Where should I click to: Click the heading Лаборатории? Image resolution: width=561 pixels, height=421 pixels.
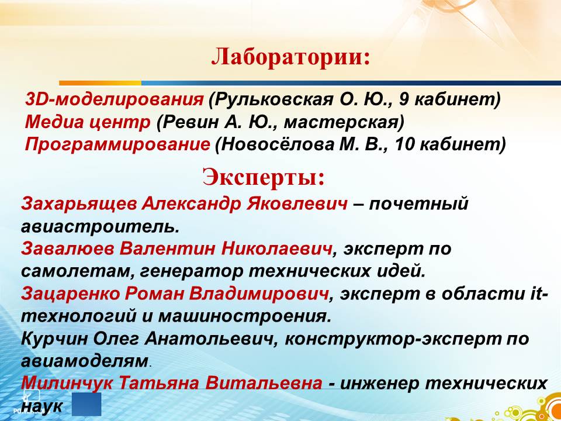pos(290,57)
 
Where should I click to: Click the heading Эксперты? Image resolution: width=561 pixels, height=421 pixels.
pos(264,177)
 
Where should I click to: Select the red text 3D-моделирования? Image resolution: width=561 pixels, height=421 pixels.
pos(114,99)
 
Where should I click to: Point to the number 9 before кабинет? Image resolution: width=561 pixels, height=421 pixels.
pos(404,99)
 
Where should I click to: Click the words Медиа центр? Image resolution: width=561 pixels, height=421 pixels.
pos(88,122)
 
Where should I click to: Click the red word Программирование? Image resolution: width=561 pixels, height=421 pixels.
pos(117,145)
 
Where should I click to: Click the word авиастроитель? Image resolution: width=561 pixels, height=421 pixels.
pos(100,227)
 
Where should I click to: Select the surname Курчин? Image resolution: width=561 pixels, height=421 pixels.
pos(55,339)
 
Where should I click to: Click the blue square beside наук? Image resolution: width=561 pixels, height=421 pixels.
pos(86,404)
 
